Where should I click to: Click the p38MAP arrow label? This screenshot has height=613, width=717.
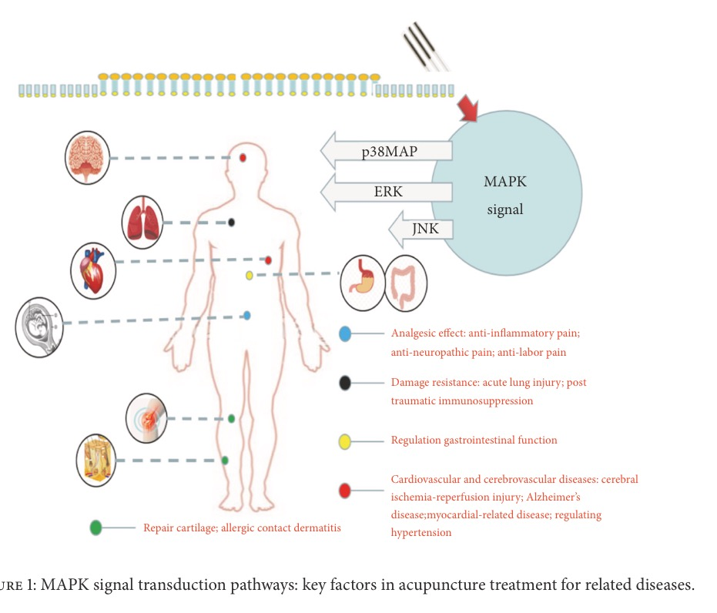tap(390, 151)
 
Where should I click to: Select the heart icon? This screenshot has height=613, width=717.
tap(92, 270)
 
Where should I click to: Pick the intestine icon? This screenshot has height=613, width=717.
tap(406, 282)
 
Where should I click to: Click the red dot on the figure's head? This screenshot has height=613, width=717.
tap(243, 158)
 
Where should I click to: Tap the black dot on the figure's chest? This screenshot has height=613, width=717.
tap(231, 223)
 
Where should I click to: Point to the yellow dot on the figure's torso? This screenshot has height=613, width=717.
tap(250, 275)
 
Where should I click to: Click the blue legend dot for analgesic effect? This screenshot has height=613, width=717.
tap(346, 333)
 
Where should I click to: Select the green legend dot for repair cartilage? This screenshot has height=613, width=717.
tap(95, 528)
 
